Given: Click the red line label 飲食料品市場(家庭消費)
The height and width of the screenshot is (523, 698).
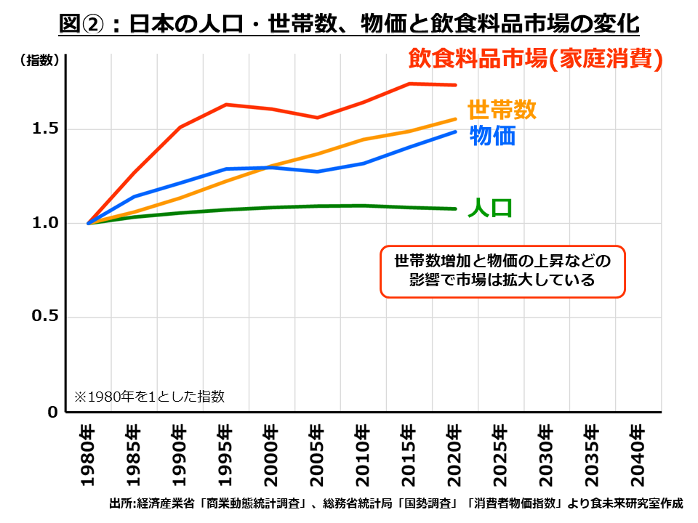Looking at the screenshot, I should [x=536, y=59].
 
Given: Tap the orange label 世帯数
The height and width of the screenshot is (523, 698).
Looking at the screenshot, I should [x=502, y=110].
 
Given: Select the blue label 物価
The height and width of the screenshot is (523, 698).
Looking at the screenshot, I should [x=492, y=136].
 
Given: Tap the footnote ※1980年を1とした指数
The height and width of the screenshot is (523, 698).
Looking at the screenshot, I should [x=149, y=397].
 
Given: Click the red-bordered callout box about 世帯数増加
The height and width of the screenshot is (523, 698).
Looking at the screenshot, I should [x=502, y=270].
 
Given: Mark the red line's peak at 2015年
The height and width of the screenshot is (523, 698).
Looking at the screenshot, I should [x=409, y=84].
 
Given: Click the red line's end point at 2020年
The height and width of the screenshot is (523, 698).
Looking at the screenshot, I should [x=455, y=85].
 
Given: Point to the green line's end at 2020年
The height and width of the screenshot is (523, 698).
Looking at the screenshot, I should [x=455, y=208].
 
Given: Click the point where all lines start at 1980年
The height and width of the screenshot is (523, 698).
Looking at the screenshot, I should [x=89, y=223].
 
